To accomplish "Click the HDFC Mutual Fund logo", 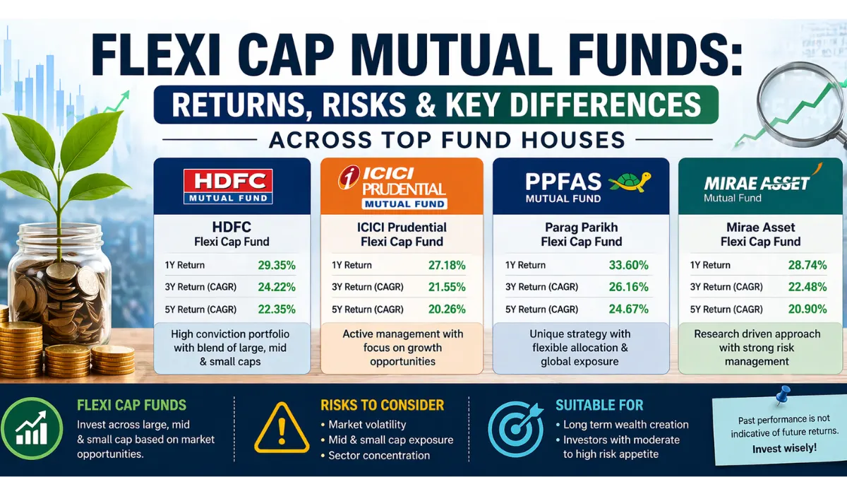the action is click(x=228, y=187).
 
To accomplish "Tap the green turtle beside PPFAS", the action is click(x=630, y=182).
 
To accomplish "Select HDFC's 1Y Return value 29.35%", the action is click(x=277, y=265).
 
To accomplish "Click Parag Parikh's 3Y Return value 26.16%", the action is click(x=628, y=287).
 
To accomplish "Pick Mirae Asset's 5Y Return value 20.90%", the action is click(x=807, y=310).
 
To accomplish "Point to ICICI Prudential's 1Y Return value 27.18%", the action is click(x=447, y=265).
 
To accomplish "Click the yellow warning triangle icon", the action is click(x=282, y=428).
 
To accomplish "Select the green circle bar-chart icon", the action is click(x=32, y=428).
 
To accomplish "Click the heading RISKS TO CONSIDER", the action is click(x=382, y=405).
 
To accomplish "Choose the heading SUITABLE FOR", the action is click(x=599, y=405).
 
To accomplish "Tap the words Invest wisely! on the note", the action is click(x=785, y=449).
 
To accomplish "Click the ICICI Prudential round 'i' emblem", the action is click(x=348, y=177).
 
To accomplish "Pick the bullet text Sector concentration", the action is click(x=379, y=455).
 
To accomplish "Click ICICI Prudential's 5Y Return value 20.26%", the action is click(x=447, y=310).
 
